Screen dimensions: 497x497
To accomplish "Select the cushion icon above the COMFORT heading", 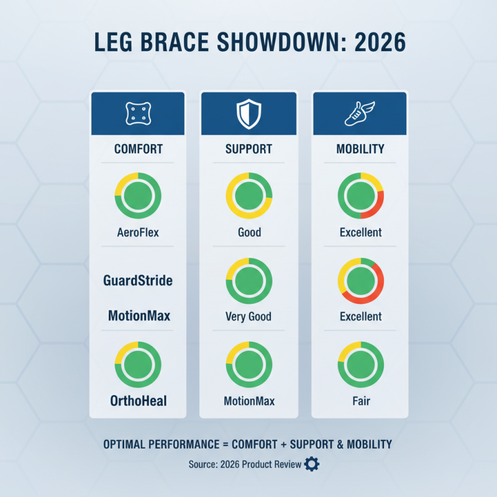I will (x=137, y=113).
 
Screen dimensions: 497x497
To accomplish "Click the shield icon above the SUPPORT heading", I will (x=248, y=113).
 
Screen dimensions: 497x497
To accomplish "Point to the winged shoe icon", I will (x=360, y=113).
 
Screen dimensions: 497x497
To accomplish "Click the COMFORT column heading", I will (x=137, y=149).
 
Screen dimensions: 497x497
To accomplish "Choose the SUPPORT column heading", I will (x=248, y=149).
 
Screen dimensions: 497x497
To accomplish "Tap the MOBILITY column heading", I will (x=360, y=149).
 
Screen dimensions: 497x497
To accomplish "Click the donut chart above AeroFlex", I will (x=137, y=195).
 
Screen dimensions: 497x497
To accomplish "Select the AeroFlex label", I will (x=137, y=233).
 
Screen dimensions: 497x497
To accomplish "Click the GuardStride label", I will (x=137, y=281).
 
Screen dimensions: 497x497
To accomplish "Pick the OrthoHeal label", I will (x=137, y=401).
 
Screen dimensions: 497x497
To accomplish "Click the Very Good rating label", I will (x=248, y=317).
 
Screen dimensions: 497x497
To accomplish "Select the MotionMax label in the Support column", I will (x=248, y=401).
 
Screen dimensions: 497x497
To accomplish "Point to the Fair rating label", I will (x=360, y=401).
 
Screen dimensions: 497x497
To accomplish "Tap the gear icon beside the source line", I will (x=311, y=464).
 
